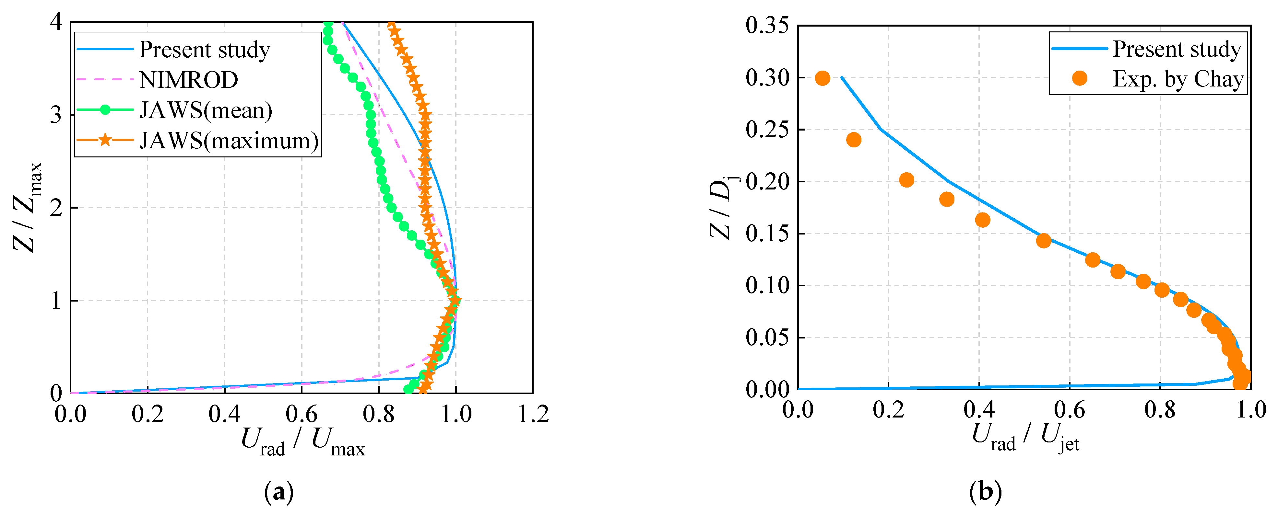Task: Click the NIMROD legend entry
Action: pos(189,80)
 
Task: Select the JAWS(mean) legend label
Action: pos(206,110)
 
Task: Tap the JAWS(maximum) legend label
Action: pos(229,141)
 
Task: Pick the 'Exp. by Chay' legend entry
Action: pos(1178,79)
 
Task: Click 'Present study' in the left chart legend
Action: pos(204,50)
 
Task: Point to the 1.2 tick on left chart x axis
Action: pos(533,414)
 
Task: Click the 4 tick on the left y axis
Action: pos(56,22)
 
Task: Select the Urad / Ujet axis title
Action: pos(1025,436)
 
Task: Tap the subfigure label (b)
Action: pos(985,492)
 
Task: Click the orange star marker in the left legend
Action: pos(105,140)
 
